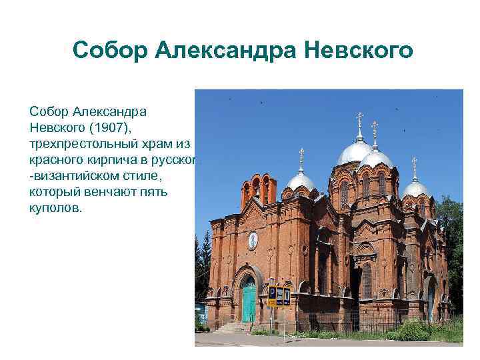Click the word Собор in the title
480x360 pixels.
[109, 50]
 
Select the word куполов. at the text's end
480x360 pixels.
[54, 209]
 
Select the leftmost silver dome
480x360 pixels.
[301, 181]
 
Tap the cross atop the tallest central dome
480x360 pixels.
[360, 121]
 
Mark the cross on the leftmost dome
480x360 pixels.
[301, 155]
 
